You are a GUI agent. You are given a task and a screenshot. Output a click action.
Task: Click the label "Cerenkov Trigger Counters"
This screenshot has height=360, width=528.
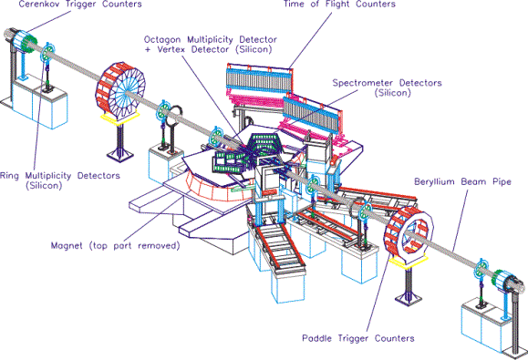coord(80,4)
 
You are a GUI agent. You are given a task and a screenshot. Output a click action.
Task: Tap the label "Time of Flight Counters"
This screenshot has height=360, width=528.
coord(339,4)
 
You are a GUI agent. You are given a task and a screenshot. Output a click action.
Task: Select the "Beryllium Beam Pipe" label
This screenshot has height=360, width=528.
coord(462,182)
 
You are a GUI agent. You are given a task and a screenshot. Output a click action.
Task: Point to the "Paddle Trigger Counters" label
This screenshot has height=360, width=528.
coord(358,338)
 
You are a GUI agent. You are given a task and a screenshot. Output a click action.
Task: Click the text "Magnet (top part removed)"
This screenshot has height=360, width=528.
coord(116,245)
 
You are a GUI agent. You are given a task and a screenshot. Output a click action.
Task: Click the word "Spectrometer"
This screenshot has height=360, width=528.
coord(363,83)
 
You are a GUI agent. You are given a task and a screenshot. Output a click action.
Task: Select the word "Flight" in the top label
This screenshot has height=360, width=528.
coord(337,4)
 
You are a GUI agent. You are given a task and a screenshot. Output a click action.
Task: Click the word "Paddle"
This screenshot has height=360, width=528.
coord(317,338)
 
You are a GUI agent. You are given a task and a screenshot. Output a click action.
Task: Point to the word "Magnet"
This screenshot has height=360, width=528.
coord(67,245)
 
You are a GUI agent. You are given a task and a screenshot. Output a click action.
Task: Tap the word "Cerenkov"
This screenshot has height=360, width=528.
coord(38,4)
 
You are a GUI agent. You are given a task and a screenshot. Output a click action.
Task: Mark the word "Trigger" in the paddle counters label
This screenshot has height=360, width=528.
coord(353,338)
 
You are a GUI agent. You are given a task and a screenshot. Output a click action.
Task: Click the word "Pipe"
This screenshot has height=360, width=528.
coord(501,182)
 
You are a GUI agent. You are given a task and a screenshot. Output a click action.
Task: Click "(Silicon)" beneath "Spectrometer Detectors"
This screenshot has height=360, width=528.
coord(393,93)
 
